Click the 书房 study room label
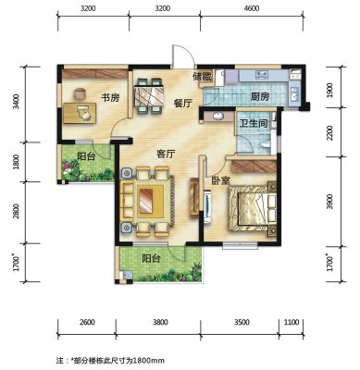(110, 98)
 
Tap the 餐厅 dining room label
(182, 103)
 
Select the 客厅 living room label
(166, 154)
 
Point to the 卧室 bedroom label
(220, 180)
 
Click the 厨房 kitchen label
(259, 97)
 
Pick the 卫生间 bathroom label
(254, 124)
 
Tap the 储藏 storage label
(202, 77)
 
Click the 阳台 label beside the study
(86, 156)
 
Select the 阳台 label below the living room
(151, 258)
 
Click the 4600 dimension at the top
(252, 8)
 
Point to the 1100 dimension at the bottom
(292, 322)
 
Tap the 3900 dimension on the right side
(329, 202)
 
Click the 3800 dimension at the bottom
(160, 323)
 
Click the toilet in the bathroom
(265, 145)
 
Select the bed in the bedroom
(253, 208)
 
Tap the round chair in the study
(80, 93)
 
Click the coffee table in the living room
(150, 200)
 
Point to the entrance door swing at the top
(183, 55)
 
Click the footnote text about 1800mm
(110, 360)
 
